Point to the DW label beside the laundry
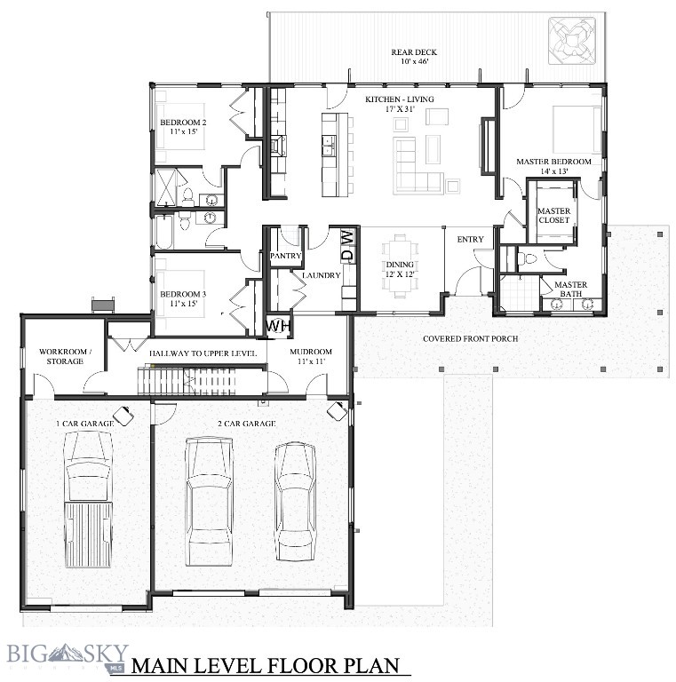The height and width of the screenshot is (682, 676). pyautogui.click(x=347, y=245)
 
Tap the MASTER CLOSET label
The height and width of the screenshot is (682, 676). pyautogui.click(x=553, y=216)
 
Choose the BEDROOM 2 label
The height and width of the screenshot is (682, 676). pyautogui.click(x=183, y=127)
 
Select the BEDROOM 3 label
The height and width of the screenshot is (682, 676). pyautogui.click(x=183, y=298)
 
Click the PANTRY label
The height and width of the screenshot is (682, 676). pyautogui.click(x=286, y=257)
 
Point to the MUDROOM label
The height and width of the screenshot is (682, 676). pyautogui.click(x=310, y=356)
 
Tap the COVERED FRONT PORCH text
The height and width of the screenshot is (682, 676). pyautogui.click(x=470, y=338)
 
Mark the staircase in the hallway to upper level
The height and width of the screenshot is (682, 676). pyautogui.click(x=200, y=381)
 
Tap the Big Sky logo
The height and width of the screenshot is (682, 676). pyautogui.click(x=68, y=656)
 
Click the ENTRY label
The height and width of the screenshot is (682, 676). pyautogui.click(x=470, y=240)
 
